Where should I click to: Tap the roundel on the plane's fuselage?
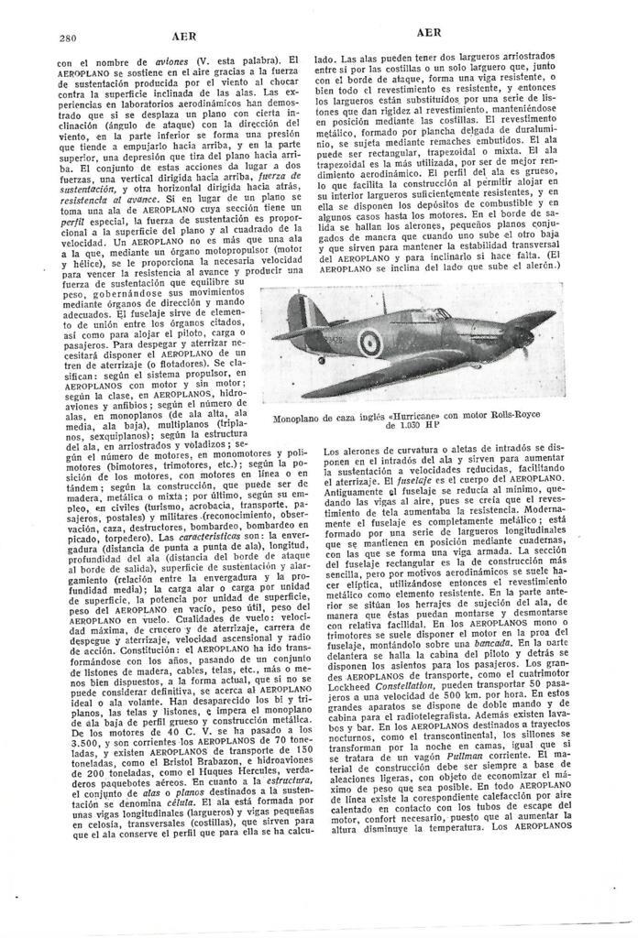click(x=368, y=344)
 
